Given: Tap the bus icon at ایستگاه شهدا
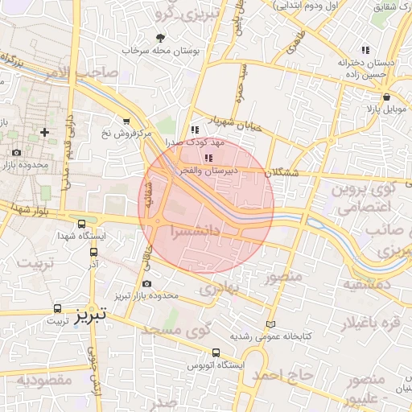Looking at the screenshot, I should (81, 224).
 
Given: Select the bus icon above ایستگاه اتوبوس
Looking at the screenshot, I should (216, 352).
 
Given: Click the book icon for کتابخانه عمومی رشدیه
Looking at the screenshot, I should (270, 323).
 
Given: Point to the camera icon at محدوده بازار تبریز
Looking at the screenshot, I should (146, 283).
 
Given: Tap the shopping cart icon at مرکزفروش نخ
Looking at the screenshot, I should (126, 122).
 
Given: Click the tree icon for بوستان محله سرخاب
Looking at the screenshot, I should (160, 37).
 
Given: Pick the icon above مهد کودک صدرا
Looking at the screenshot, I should (194, 129).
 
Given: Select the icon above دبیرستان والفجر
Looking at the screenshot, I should (209, 158).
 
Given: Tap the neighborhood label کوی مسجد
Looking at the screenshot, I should (175, 329).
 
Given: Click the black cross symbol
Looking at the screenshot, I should (43, 131).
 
